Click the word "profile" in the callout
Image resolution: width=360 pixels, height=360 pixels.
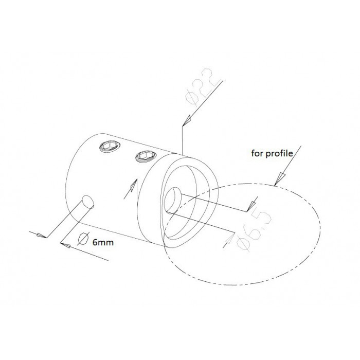pyautogui.click(x=279, y=154)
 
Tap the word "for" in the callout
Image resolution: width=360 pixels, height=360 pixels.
pyautogui.click(x=257, y=153)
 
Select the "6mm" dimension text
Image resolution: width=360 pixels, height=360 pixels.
pyautogui.click(x=103, y=242)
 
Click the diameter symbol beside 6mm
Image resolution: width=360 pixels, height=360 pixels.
pyautogui.click(x=83, y=239)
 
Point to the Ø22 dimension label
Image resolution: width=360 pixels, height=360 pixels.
pyautogui.click(x=202, y=87)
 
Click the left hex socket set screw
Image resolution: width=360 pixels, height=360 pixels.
pyautogui.click(x=110, y=146)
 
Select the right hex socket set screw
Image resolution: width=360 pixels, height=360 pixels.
pyautogui.click(x=146, y=156)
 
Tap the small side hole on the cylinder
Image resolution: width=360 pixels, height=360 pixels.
pyautogui.click(x=88, y=202)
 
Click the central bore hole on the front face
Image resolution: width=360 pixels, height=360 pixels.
pyautogui.click(x=173, y=200)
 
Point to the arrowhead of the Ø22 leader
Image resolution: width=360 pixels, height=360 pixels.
pyautogui.click(x=187, y=120)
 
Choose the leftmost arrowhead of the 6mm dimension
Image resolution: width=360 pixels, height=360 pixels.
pyautogui.click(x=41, y=235)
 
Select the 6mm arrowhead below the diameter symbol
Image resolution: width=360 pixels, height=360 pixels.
pyautogui.click(x=66, y=245)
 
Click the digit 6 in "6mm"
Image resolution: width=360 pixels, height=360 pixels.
pyautogui.click(x=95, y=242)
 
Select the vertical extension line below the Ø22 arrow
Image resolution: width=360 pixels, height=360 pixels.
pyautogui.click(x=182, y=139)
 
